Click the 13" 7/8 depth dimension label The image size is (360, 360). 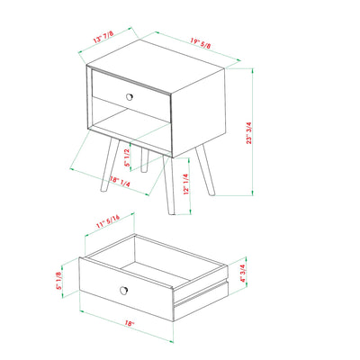(x=103, y=38)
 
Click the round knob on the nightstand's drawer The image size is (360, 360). (x=130, y=96)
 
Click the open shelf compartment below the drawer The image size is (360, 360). (x=135, y=126)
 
